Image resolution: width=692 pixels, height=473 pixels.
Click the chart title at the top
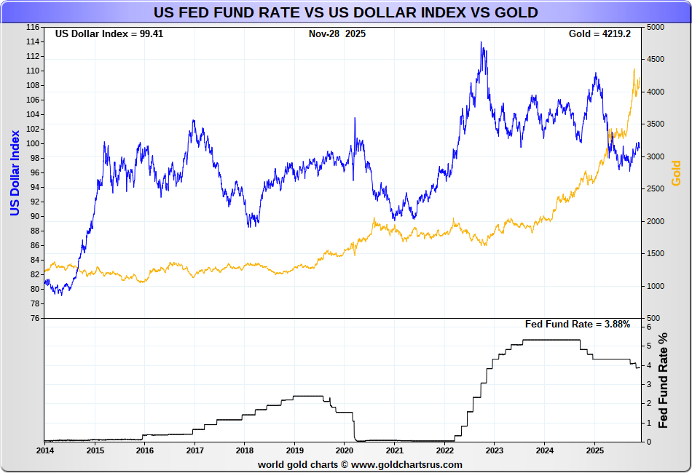point(345,12)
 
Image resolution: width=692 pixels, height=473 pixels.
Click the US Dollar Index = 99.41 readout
point(109,33)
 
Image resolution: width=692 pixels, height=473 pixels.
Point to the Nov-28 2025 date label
point(337,33)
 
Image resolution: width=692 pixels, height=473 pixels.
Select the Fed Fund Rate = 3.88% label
point(577,324)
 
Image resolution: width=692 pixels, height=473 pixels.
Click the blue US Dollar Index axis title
point(14,172)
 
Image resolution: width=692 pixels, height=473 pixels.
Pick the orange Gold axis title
point(675,172)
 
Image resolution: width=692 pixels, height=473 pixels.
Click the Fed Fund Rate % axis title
point(664,381)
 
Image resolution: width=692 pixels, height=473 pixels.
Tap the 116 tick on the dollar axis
point(33,27)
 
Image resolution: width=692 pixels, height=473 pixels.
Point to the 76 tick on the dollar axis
point(35,318)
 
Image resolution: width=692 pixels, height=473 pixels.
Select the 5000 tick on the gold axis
point(655,27)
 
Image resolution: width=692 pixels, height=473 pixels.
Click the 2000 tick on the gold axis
point(655,221)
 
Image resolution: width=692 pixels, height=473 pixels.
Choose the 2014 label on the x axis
point(44,450)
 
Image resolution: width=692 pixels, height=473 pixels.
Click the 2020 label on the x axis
point(344,450)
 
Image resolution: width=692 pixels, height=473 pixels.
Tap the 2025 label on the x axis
point(594,450)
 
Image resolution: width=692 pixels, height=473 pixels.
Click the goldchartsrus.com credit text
point(360,464)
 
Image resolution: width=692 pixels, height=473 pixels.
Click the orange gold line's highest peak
point(634,69)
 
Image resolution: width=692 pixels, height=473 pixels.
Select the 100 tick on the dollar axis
point(33,143)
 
